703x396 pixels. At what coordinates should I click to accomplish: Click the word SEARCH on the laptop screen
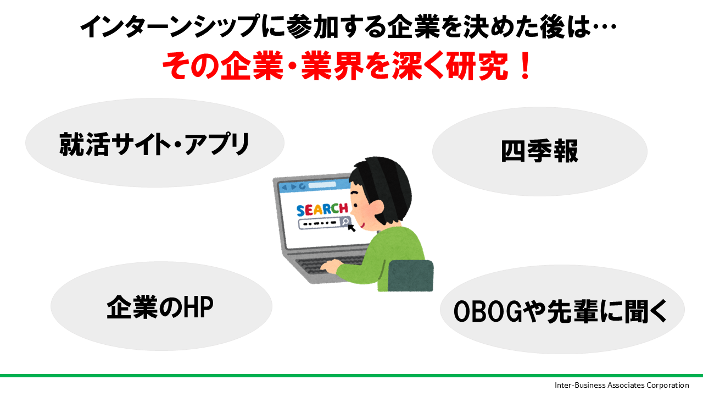coord(322,210)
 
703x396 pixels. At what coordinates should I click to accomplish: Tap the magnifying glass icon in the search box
coord(345,222)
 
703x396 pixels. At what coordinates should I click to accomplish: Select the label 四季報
coord(539,151)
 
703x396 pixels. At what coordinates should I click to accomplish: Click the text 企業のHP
coord(160,307)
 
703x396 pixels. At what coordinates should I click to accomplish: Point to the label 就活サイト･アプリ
coord(154,144)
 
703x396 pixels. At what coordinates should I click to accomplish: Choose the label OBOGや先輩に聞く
coord(561,311)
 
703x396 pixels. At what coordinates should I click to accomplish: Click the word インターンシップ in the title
coord(170,26)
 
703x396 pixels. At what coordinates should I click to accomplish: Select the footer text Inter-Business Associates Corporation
coord(622,385)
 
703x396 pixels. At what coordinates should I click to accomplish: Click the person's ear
coord(376,208)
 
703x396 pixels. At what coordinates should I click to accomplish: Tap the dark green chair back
coord(411,276)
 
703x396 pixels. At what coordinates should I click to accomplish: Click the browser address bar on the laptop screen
coord(322,185)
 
